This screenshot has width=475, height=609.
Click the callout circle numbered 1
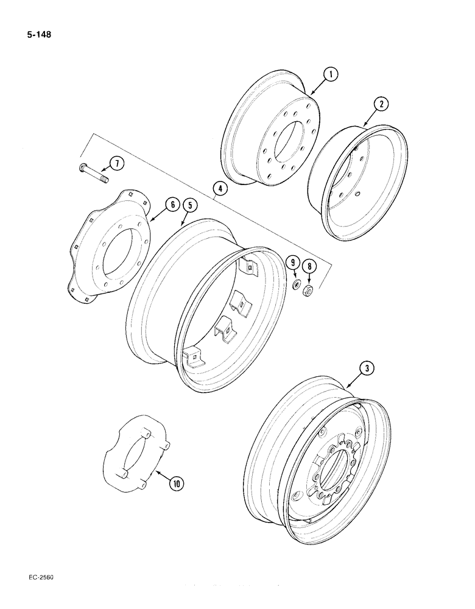pos(331,76)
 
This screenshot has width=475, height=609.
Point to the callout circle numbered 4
pos(220,189)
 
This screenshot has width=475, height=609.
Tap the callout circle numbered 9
pos(294,263)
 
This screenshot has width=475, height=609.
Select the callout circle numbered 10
pos(177,484)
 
